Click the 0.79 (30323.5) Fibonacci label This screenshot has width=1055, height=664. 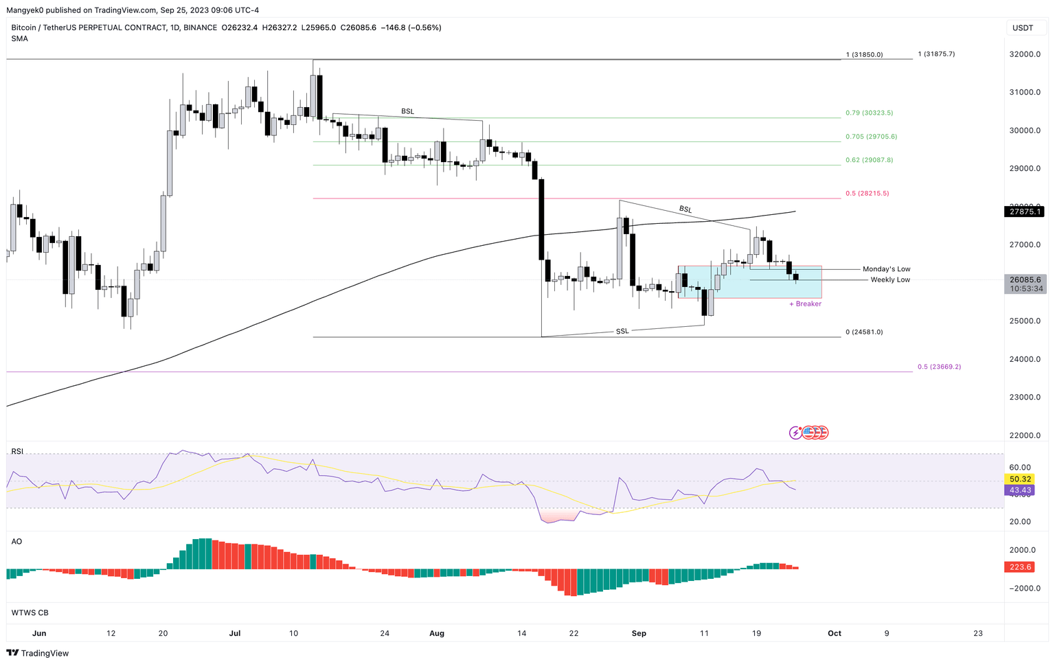869,113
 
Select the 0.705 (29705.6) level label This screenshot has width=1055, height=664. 871,137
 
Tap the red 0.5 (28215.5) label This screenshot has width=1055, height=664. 867,194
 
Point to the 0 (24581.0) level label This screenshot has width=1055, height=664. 864,332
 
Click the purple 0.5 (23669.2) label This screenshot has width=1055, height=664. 939,367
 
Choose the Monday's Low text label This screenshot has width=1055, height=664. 886,269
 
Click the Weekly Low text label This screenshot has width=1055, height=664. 890,280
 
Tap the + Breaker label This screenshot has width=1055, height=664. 805,304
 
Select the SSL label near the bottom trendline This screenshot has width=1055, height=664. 622,332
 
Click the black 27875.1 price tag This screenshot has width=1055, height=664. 1025,212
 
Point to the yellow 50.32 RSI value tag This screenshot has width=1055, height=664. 1020,479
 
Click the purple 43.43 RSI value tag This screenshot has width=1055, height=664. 1020,490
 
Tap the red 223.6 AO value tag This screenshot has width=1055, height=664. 1020,567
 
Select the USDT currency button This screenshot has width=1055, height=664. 1023,28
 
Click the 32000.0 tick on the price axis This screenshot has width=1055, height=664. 1024,54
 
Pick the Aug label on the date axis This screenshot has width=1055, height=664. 437,633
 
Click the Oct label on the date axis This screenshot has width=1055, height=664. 834,633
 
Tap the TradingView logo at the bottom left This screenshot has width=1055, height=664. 38,653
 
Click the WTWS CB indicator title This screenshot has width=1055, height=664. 30,613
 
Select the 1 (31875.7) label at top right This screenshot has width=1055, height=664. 935,54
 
